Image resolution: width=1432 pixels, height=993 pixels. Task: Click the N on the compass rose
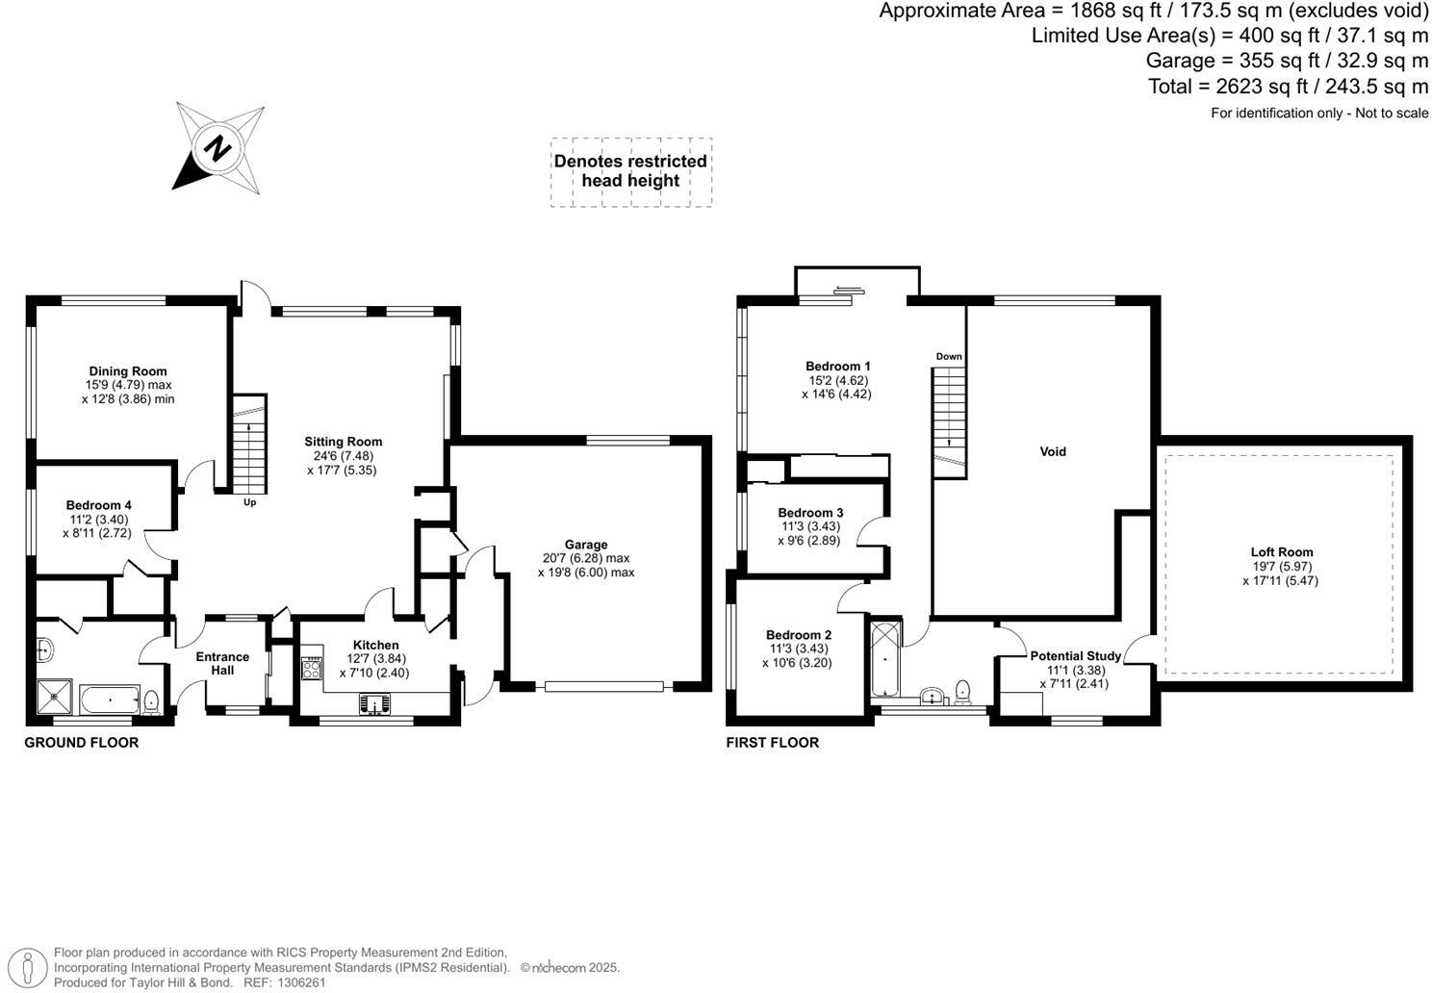[x=218, y=149]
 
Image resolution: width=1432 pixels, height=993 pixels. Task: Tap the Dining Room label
[x=128, y=371]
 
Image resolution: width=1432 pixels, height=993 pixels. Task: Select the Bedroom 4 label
[x=98, y=505]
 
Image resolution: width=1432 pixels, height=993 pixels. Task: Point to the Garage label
[x=586, y=545]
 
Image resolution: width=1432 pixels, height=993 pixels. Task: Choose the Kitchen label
[x=375, y=645]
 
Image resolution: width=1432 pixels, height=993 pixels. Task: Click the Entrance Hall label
[x=222, y=663]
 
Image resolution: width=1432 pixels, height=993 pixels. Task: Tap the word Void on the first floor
[x=1053, y=451]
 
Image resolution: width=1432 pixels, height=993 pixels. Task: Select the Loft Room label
[x=1282, y=552]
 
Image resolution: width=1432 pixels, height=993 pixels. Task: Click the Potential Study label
[x=1075, y=656]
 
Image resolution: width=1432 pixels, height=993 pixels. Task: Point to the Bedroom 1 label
[x=837, y=367]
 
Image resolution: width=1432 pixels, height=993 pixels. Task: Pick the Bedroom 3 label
[x=810, y=513]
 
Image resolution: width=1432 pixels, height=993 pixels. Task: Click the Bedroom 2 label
[x=798, y=635]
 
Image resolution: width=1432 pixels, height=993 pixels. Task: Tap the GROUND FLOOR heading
[x=81, y=743]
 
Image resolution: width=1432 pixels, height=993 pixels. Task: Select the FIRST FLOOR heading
[x=772, y=743]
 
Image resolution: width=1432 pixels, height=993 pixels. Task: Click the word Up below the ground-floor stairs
[x=250, y=502]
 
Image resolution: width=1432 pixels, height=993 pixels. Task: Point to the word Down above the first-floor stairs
[x=949, y=357]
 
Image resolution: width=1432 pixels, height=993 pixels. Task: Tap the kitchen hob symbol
[x=313, y=668]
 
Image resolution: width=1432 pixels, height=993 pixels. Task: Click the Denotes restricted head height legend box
[x=631, y=171]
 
